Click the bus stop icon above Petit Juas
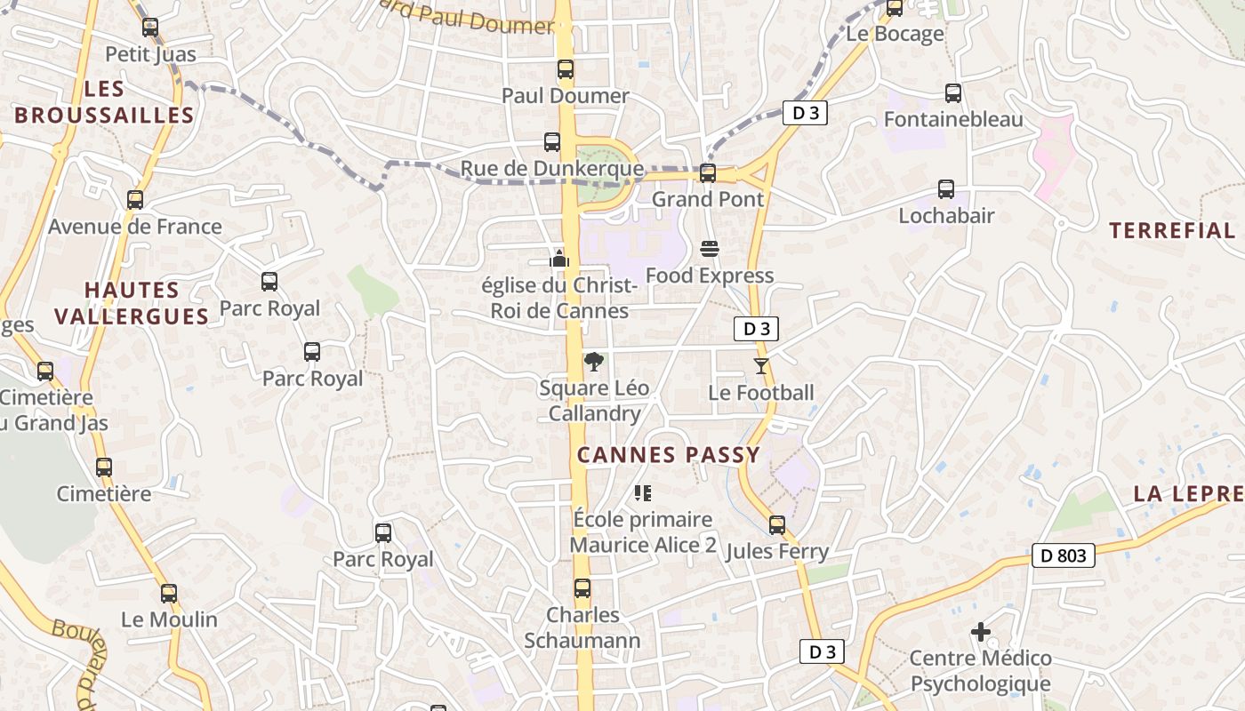tap(150, 28)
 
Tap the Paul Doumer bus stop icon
tap(566, 69)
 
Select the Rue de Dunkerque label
tap(551, 168)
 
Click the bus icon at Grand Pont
tap(708, 173)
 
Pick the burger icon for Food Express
tap(709, 249)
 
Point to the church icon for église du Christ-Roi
tap(559, 259)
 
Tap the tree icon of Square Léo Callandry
tap(593, 361)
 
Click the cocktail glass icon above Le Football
tap(760, 365)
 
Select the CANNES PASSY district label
tap(669, 455)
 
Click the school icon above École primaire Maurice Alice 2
tap(642, 492)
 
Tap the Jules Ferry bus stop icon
tap(777, 525)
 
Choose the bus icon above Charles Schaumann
tap(582, 588)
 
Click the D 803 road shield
tap(1064, 555)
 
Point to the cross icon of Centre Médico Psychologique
tap(980, 632)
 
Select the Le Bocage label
tap(895, 34)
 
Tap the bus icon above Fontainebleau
tap(953, 92)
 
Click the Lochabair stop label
tap(946, 215)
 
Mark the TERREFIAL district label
tap(1172, 230)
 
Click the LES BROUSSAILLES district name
tap(104, 102)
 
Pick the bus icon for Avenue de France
tap(135, 200)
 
